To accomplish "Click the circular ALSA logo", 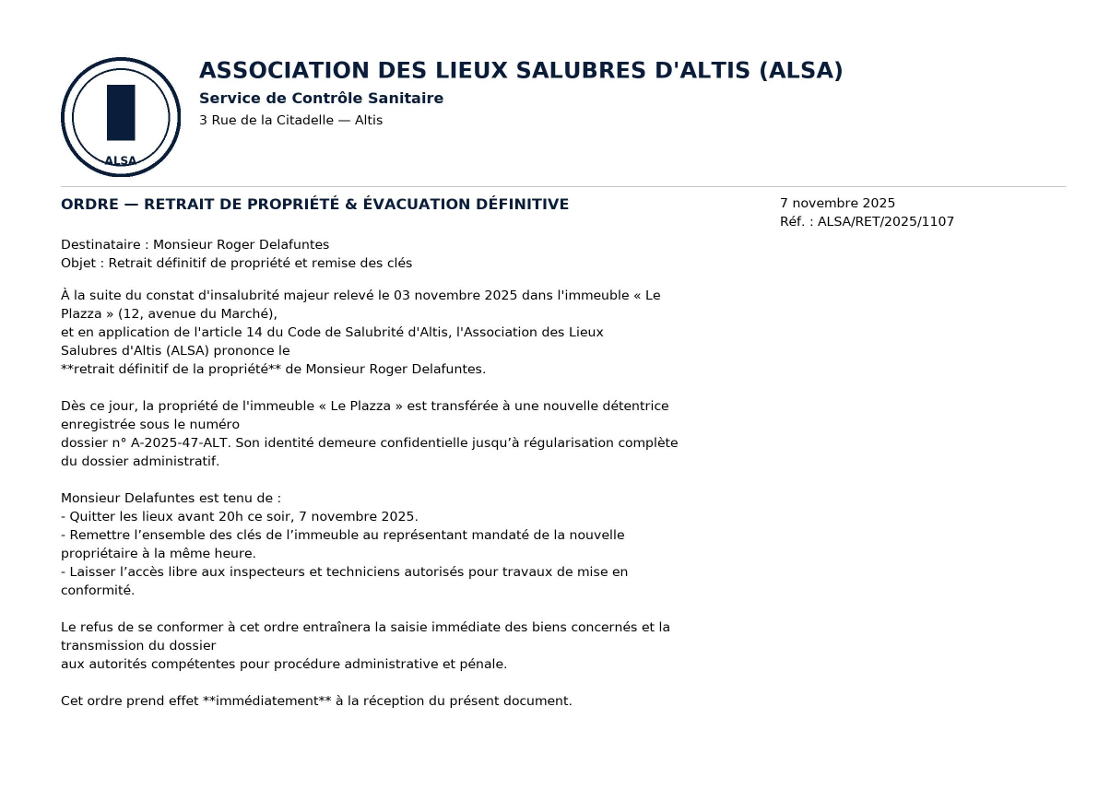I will [x=121, y=117].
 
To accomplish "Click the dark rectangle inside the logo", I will [x=121, y=112].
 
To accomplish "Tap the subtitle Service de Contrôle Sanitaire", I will [x=321, y=99].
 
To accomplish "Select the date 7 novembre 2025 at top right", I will [x=837, y=204].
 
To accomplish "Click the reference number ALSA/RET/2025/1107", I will [x=885, y=222].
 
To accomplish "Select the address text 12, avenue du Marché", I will [x=199, y=314].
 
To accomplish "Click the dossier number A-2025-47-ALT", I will [x=183, y=443].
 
